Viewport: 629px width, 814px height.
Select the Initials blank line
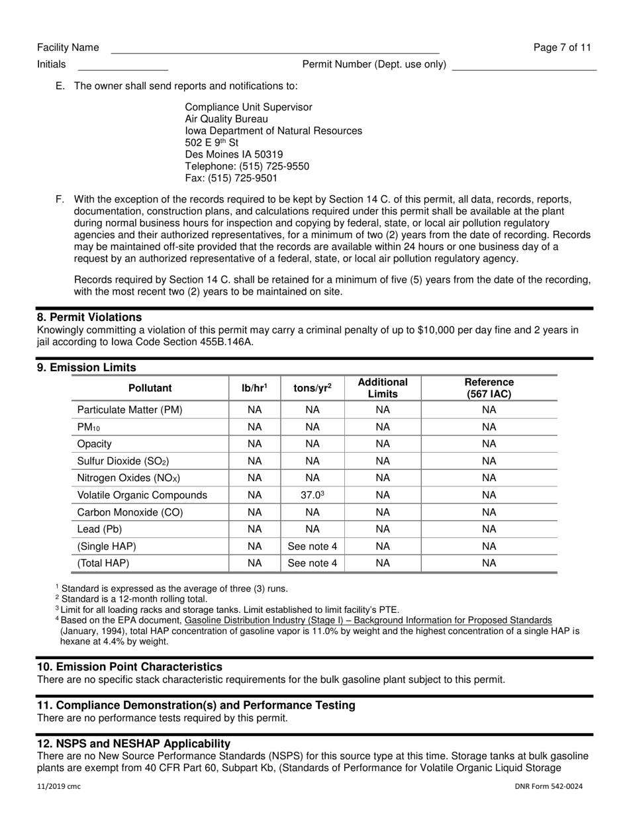point(123,67)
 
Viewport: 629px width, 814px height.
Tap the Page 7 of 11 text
point(562,48)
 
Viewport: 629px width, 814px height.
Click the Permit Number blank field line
point(524,67)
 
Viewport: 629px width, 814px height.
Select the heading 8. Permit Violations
point(89,317)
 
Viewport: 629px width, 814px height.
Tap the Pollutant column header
point(150,388)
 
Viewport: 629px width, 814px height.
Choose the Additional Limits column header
point(383,388)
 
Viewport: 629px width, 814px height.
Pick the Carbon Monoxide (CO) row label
point(130,512)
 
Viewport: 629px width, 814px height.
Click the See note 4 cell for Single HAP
point(312,547)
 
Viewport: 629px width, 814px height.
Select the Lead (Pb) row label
point(100,529)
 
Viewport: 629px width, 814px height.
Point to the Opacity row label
point(95,444)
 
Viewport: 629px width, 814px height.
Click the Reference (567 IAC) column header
point(489,388)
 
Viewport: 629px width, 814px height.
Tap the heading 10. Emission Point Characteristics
point(130,666)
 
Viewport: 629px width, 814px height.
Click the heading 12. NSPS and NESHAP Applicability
point(134,743)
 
